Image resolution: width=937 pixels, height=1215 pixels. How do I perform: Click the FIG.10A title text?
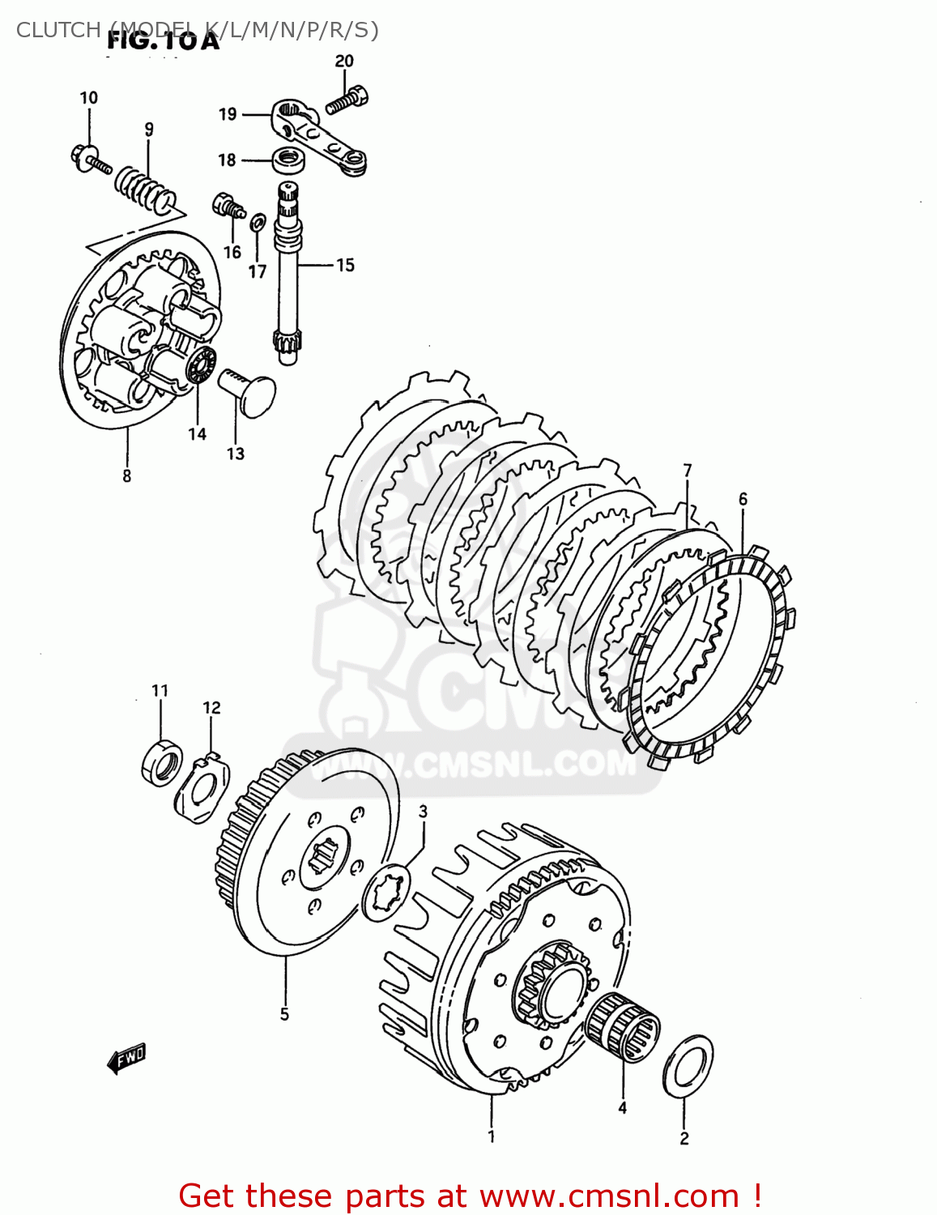click(x=163, y=42)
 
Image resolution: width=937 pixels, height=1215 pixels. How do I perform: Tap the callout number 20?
click(x=344, y=61)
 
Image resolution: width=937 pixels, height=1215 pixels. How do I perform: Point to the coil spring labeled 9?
click(x=145, y=190)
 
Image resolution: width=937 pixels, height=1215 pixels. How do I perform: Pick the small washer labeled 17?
click(x=257, y=221)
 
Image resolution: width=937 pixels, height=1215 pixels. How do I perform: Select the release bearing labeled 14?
click(x=199, y=366)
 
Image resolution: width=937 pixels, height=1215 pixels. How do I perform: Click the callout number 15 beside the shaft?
click(x=345, y=265)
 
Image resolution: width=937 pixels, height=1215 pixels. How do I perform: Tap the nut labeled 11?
click(x=162, y=763)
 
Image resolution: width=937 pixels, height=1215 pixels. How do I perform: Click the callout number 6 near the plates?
click(x=743, y=499)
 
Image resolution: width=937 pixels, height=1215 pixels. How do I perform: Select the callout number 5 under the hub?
click(x=284, y=1013)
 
